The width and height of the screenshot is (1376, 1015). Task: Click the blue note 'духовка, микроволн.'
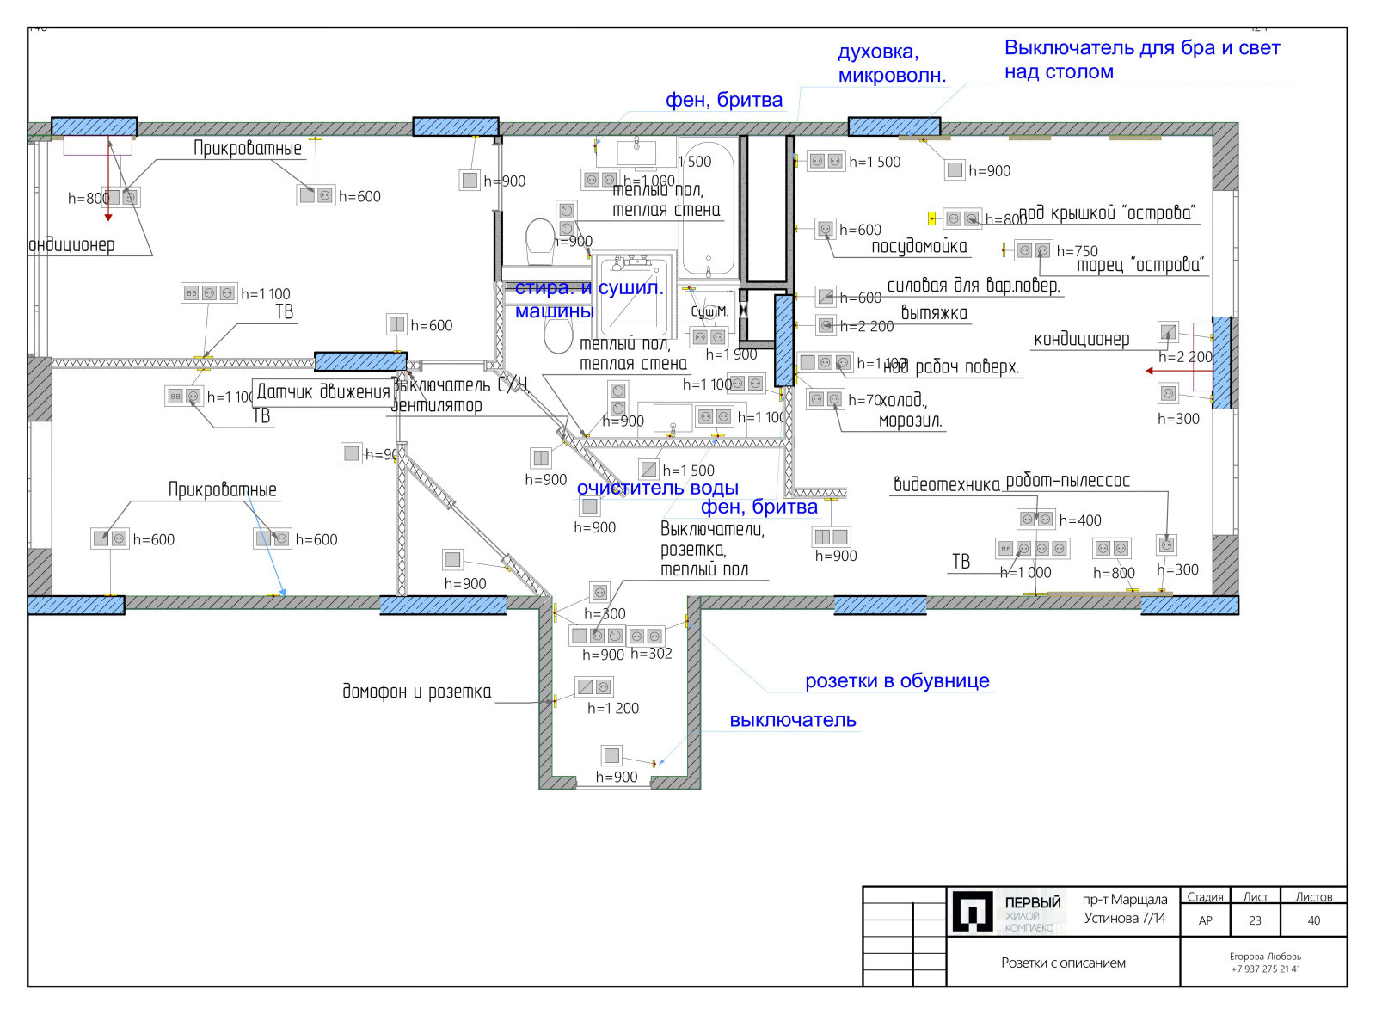(x=891, y=64)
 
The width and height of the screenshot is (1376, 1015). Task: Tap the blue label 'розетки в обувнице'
(x=897, y=681)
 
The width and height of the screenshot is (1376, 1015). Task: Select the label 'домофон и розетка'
(x=417, y=692)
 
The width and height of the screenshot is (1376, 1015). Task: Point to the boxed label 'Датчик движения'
(x=323, y=392)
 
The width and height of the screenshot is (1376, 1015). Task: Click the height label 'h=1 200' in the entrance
(x=613, y=708)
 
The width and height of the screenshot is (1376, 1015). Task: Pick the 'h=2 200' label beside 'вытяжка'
(x=867, y=327)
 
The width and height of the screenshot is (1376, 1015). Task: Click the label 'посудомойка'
(x=919, y=247)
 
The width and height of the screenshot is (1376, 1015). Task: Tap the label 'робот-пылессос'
(x=1067, y=481)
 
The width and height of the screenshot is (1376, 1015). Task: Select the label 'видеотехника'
(x=947, y=484)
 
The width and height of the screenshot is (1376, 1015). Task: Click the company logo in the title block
(x=973, y=911)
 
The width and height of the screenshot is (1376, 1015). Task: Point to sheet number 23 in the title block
(x=1255, y=920)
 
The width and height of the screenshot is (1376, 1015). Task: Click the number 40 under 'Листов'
(x=1313, y=920)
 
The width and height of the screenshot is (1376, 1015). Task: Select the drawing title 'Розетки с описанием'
(x=1063, y=963)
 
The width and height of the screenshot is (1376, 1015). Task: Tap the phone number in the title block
(x=1265, y=969)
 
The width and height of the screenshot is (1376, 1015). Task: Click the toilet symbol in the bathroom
(x=540, y=241)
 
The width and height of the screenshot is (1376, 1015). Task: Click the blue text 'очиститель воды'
(x=657, y=488)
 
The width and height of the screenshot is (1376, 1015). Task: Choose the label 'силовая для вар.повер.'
(x=974, y=286)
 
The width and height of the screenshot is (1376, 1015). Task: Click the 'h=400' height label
(x=1080, y=520)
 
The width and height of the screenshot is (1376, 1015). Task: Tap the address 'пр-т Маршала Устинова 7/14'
(x=1125, y=909)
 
